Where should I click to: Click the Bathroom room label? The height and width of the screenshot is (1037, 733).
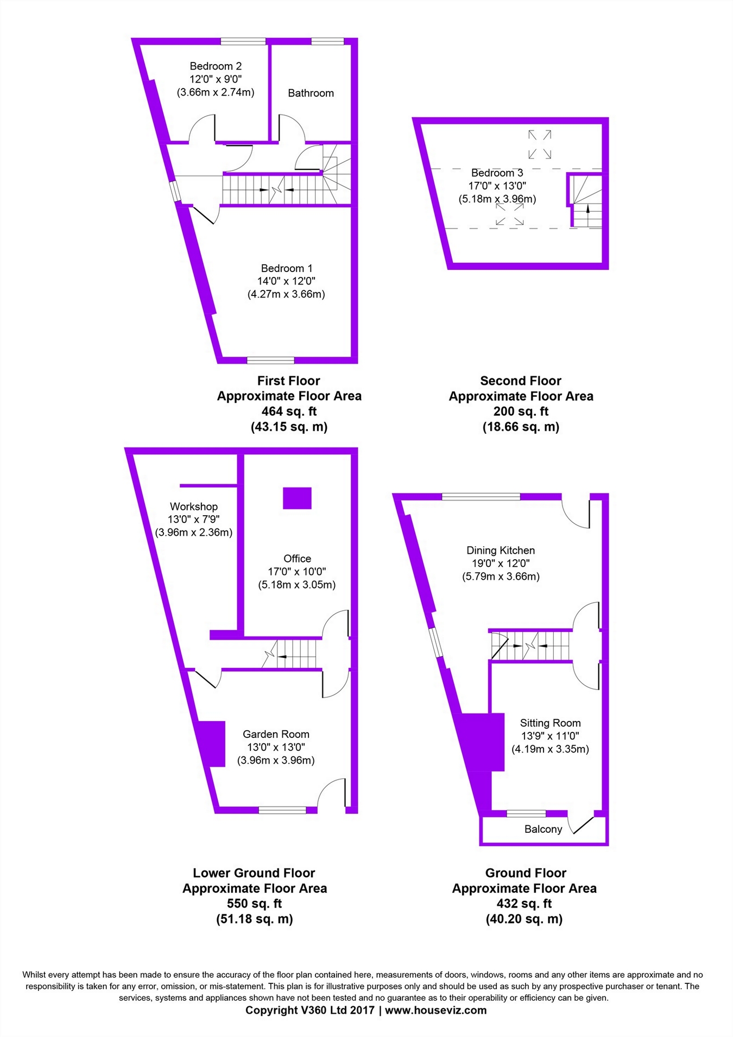pos(311,93)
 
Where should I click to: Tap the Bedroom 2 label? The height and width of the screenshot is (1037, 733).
pos(216,66)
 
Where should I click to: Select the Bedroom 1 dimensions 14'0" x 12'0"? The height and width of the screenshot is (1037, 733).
pos(286,281)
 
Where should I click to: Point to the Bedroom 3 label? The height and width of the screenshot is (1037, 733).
pos(497,173)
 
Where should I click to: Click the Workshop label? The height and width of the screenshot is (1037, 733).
pos(194,507)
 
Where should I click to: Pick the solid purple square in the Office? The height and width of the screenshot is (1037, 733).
pos(297,498)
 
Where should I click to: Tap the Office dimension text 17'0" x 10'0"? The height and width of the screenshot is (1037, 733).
pos(297,572)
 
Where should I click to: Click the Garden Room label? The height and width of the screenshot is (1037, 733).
pos(276,734)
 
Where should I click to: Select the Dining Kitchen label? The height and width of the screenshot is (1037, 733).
pos(501,551)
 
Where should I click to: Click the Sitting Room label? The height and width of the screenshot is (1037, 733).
pos(550,723)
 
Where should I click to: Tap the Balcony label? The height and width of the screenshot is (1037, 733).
pos(543,829)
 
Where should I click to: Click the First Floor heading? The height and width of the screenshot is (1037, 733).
pos(289,381)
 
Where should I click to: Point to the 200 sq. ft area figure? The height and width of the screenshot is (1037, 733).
pos(521,412)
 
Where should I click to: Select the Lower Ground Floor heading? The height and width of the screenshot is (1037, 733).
pos(254,873)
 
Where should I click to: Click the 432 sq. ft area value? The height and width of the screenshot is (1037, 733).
pos(524,903)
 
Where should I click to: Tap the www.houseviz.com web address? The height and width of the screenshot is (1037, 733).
pos(435,1010)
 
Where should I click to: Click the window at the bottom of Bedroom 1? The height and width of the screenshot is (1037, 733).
pos(270,361)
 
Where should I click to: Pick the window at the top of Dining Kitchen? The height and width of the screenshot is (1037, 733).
pos(481,496)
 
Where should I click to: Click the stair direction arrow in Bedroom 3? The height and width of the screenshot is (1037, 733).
pos(587,210)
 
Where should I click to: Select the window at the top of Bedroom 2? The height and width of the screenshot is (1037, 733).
pos(243,41)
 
